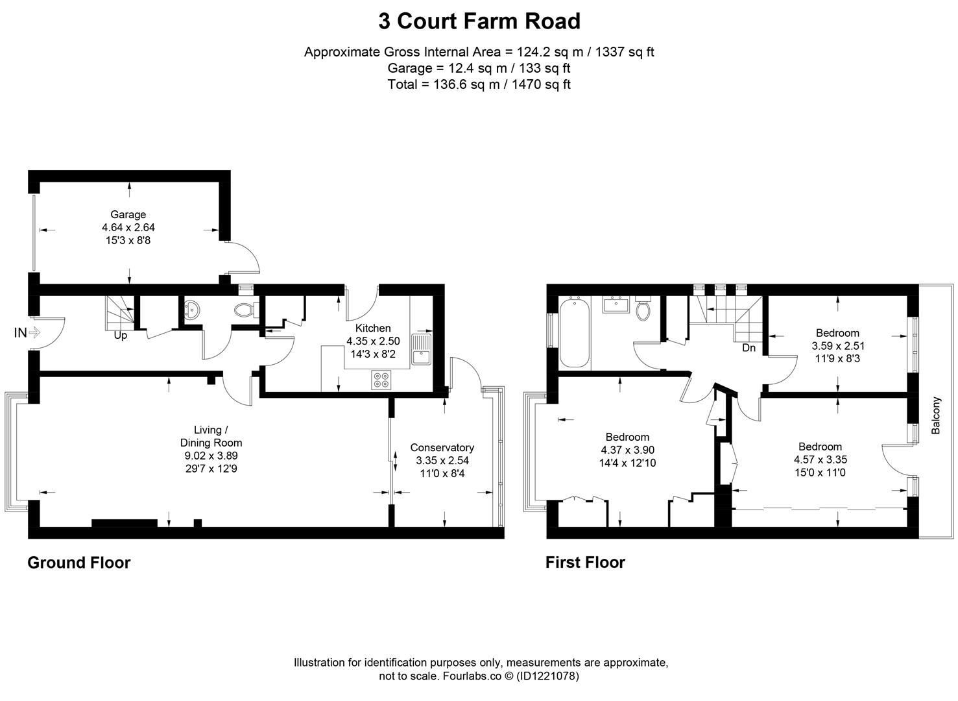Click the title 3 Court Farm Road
479,21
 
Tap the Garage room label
128,214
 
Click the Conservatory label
442,447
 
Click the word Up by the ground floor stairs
120,336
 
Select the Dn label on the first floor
748,348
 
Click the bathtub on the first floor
575,332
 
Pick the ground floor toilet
245,310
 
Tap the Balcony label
935,415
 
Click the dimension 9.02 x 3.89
211,456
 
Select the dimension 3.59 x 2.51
838,346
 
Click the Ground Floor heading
78,563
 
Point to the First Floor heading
584,563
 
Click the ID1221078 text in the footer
547,676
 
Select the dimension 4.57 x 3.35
820,460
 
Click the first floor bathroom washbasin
616,304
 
